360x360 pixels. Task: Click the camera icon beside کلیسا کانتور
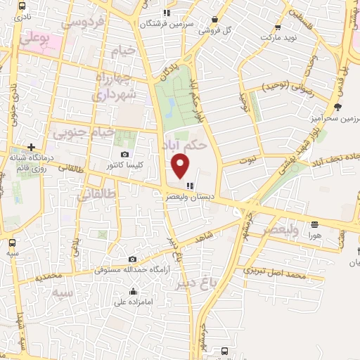point(124,155)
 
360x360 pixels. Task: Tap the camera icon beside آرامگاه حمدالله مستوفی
point(132,259)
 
